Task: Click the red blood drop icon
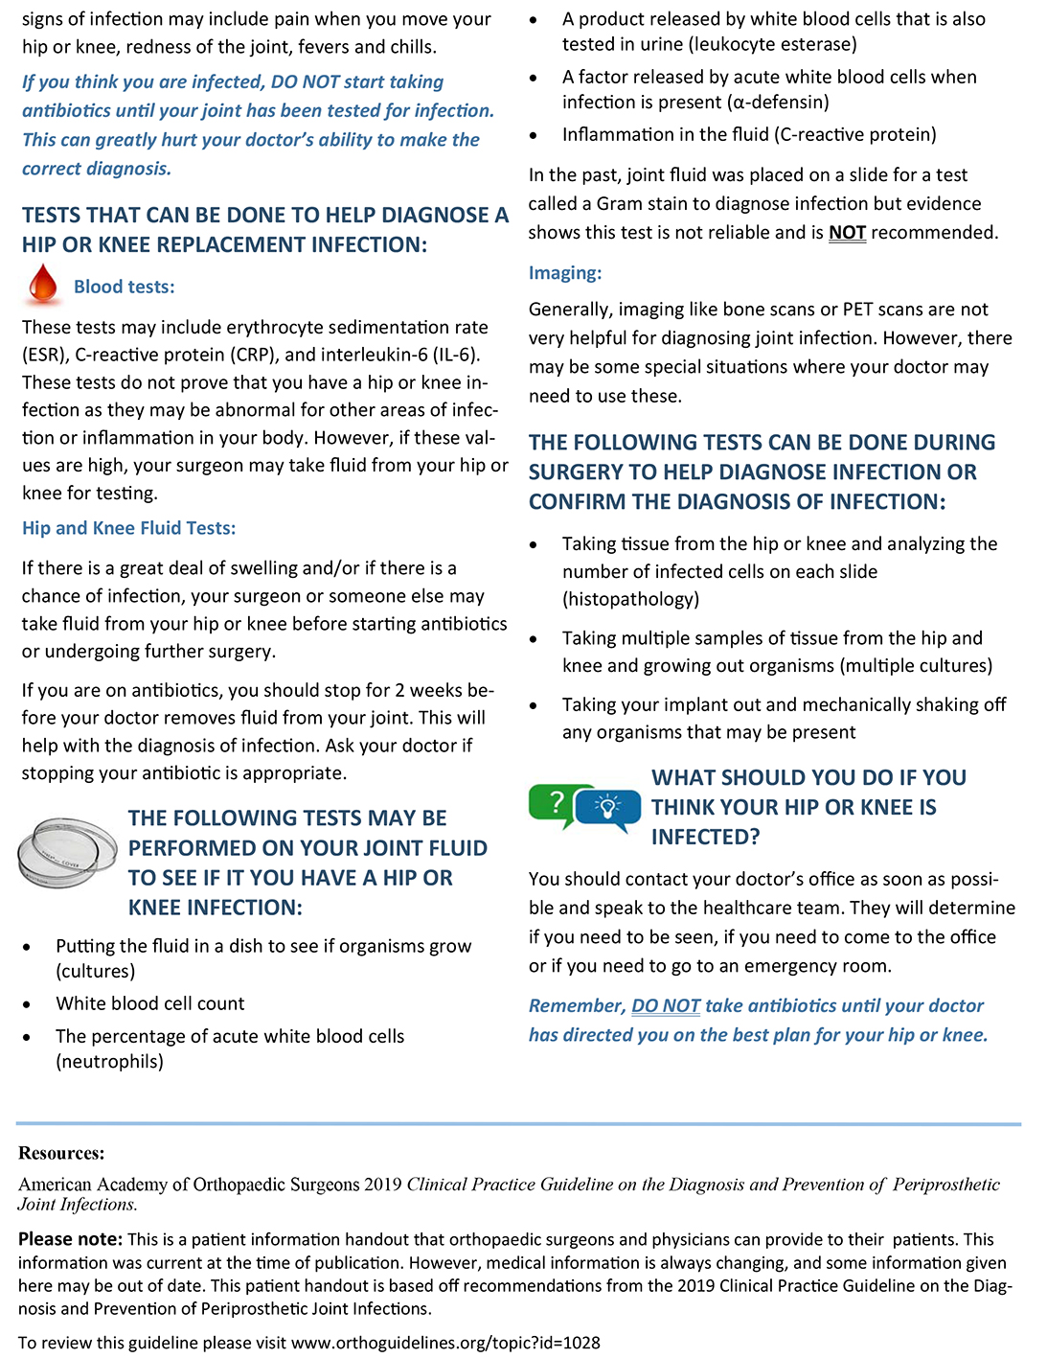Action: pos(43,285)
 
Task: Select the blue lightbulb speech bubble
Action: pos(608,809)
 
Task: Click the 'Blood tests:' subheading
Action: pos(124,287)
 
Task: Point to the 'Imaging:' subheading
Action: pos(565,273)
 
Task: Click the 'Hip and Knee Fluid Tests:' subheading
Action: pos(128,528)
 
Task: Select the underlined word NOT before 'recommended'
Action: pos(847,233)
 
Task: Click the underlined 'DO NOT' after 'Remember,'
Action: pos(666,1006)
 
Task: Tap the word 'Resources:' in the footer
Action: pos(61,1153)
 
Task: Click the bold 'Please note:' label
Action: pos(70,1239)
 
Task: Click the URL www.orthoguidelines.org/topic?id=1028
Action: pos(445,1343)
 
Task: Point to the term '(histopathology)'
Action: pos(630,600)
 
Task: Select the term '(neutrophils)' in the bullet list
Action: pos(109,1062)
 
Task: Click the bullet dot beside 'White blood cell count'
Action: pos(28,1004)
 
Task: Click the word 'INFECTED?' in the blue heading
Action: pos(705,838)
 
